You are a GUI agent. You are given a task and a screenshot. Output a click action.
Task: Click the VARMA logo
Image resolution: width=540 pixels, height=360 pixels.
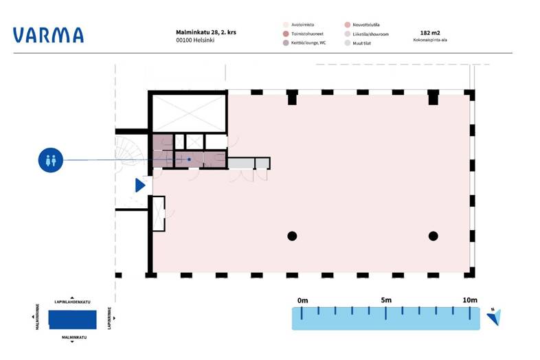coord(48,35)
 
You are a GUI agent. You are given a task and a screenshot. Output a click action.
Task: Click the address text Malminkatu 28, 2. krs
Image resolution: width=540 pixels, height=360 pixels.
coord(206,32)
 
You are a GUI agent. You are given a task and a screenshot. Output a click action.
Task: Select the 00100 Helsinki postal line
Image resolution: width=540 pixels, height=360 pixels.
coord(195,40)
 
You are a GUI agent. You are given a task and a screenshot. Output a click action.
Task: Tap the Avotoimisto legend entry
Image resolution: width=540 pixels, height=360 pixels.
coord(299,25)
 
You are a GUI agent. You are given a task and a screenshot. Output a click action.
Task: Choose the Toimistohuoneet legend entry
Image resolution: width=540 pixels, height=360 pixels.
coord(303,34)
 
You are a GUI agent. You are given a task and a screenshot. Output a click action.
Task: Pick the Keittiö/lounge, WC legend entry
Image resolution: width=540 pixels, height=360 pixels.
coord(304,43)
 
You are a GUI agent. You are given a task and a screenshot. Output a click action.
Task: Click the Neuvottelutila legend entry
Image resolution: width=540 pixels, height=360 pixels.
coord(362,25)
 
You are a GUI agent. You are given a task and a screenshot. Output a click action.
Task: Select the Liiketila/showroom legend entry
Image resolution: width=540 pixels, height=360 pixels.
coord(366,34)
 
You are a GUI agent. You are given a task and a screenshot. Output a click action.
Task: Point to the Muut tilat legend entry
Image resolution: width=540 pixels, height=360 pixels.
coord(358,43)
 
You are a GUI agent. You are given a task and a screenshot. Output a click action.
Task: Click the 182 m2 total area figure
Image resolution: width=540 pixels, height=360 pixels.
coord(430,33)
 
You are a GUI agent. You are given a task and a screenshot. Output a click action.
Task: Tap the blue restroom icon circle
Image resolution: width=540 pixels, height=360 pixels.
coord(51,160)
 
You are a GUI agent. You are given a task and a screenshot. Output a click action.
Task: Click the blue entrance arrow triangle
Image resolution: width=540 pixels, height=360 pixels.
coord(140,185)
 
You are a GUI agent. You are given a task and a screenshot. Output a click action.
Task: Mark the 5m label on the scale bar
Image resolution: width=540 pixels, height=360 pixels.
coord(386,300)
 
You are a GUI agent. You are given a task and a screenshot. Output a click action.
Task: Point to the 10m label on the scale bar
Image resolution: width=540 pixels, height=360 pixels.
coord(470,300)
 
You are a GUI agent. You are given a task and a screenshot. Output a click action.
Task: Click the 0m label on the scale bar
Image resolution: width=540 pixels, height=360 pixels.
coord(303,300)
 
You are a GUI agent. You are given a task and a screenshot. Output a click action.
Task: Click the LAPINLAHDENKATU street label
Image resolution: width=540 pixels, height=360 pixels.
coord(72,302)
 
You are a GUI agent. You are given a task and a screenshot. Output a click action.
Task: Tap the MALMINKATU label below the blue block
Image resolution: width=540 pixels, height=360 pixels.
coord(74,337)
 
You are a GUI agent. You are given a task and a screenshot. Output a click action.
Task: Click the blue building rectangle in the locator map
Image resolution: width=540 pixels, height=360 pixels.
coord(72,319)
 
